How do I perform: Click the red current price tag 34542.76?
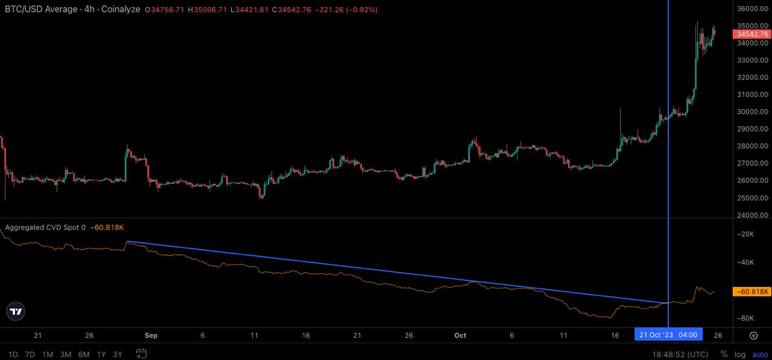[751, 34]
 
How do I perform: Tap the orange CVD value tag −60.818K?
[751, 292]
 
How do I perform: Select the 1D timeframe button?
[13, 354]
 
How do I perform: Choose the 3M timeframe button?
[66, 354]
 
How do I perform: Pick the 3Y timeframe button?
[118, 354]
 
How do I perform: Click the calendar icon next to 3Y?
[141, 354]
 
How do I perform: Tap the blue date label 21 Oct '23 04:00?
[668, 335]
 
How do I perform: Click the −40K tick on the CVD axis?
[748, 262]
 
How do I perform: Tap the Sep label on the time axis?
[151, 335]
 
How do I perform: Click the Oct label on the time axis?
[460, 335]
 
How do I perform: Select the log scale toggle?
[740, 354]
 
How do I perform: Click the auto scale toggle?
[759, 354]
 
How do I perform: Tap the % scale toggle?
[724, 354]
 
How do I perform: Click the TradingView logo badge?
[16, 311]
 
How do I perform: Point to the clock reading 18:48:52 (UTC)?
[680, 354]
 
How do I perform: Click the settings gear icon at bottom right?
[754, 335]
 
